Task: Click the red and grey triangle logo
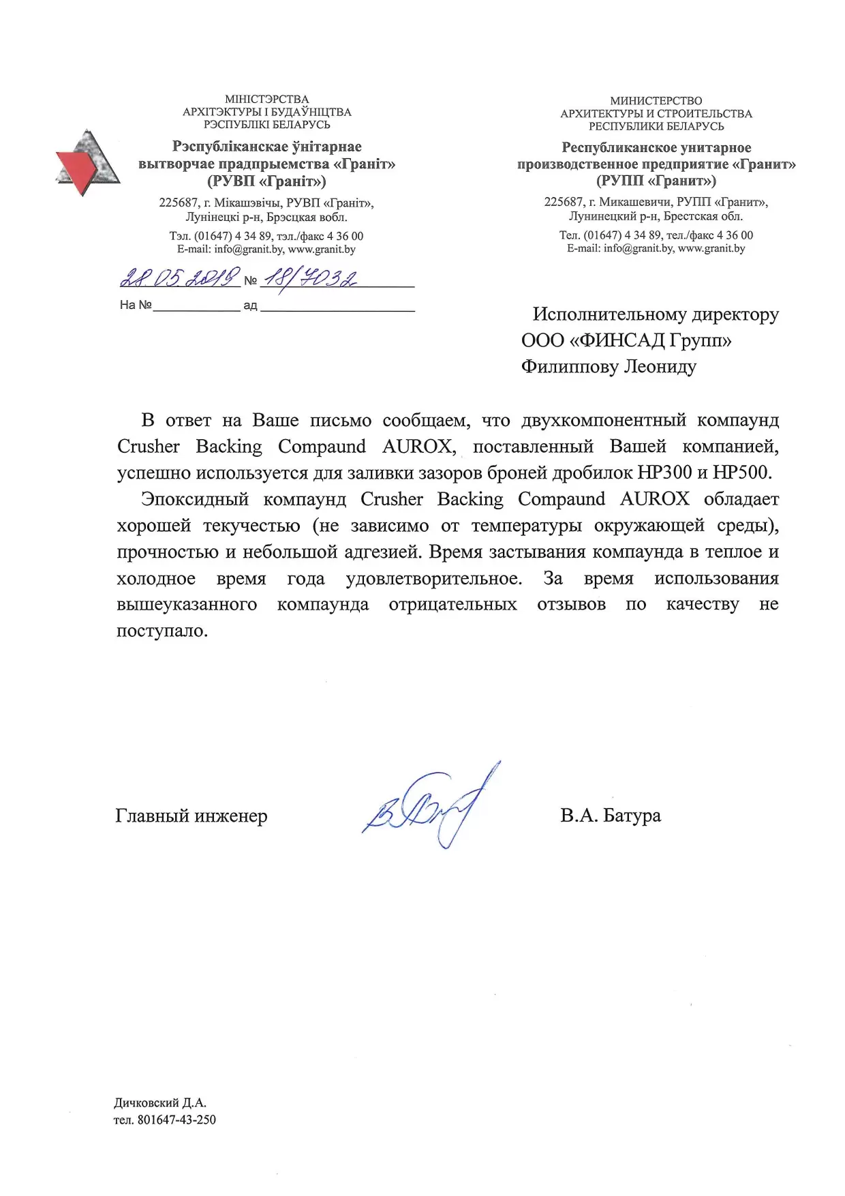[x=87, y=162]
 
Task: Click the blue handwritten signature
[x=429, y=808]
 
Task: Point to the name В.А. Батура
[x=610, y=816]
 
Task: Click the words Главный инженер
[x=191, y=816]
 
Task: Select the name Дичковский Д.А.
[x=159, y=1103]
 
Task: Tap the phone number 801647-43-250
[x=176, y=1120]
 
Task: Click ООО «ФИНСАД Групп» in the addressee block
[x=626, y=340]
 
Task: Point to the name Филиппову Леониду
[x=609, y=367]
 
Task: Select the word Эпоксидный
[x=195, y=499]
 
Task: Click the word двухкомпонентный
[x=604, y=420]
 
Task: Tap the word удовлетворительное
[x=434, y=579]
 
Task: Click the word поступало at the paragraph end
[x=162, y=631]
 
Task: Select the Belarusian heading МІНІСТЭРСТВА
[x=266, y=100]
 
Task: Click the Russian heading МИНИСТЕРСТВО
[x=656, y=101]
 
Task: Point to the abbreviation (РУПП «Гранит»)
[x=656, y=181]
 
